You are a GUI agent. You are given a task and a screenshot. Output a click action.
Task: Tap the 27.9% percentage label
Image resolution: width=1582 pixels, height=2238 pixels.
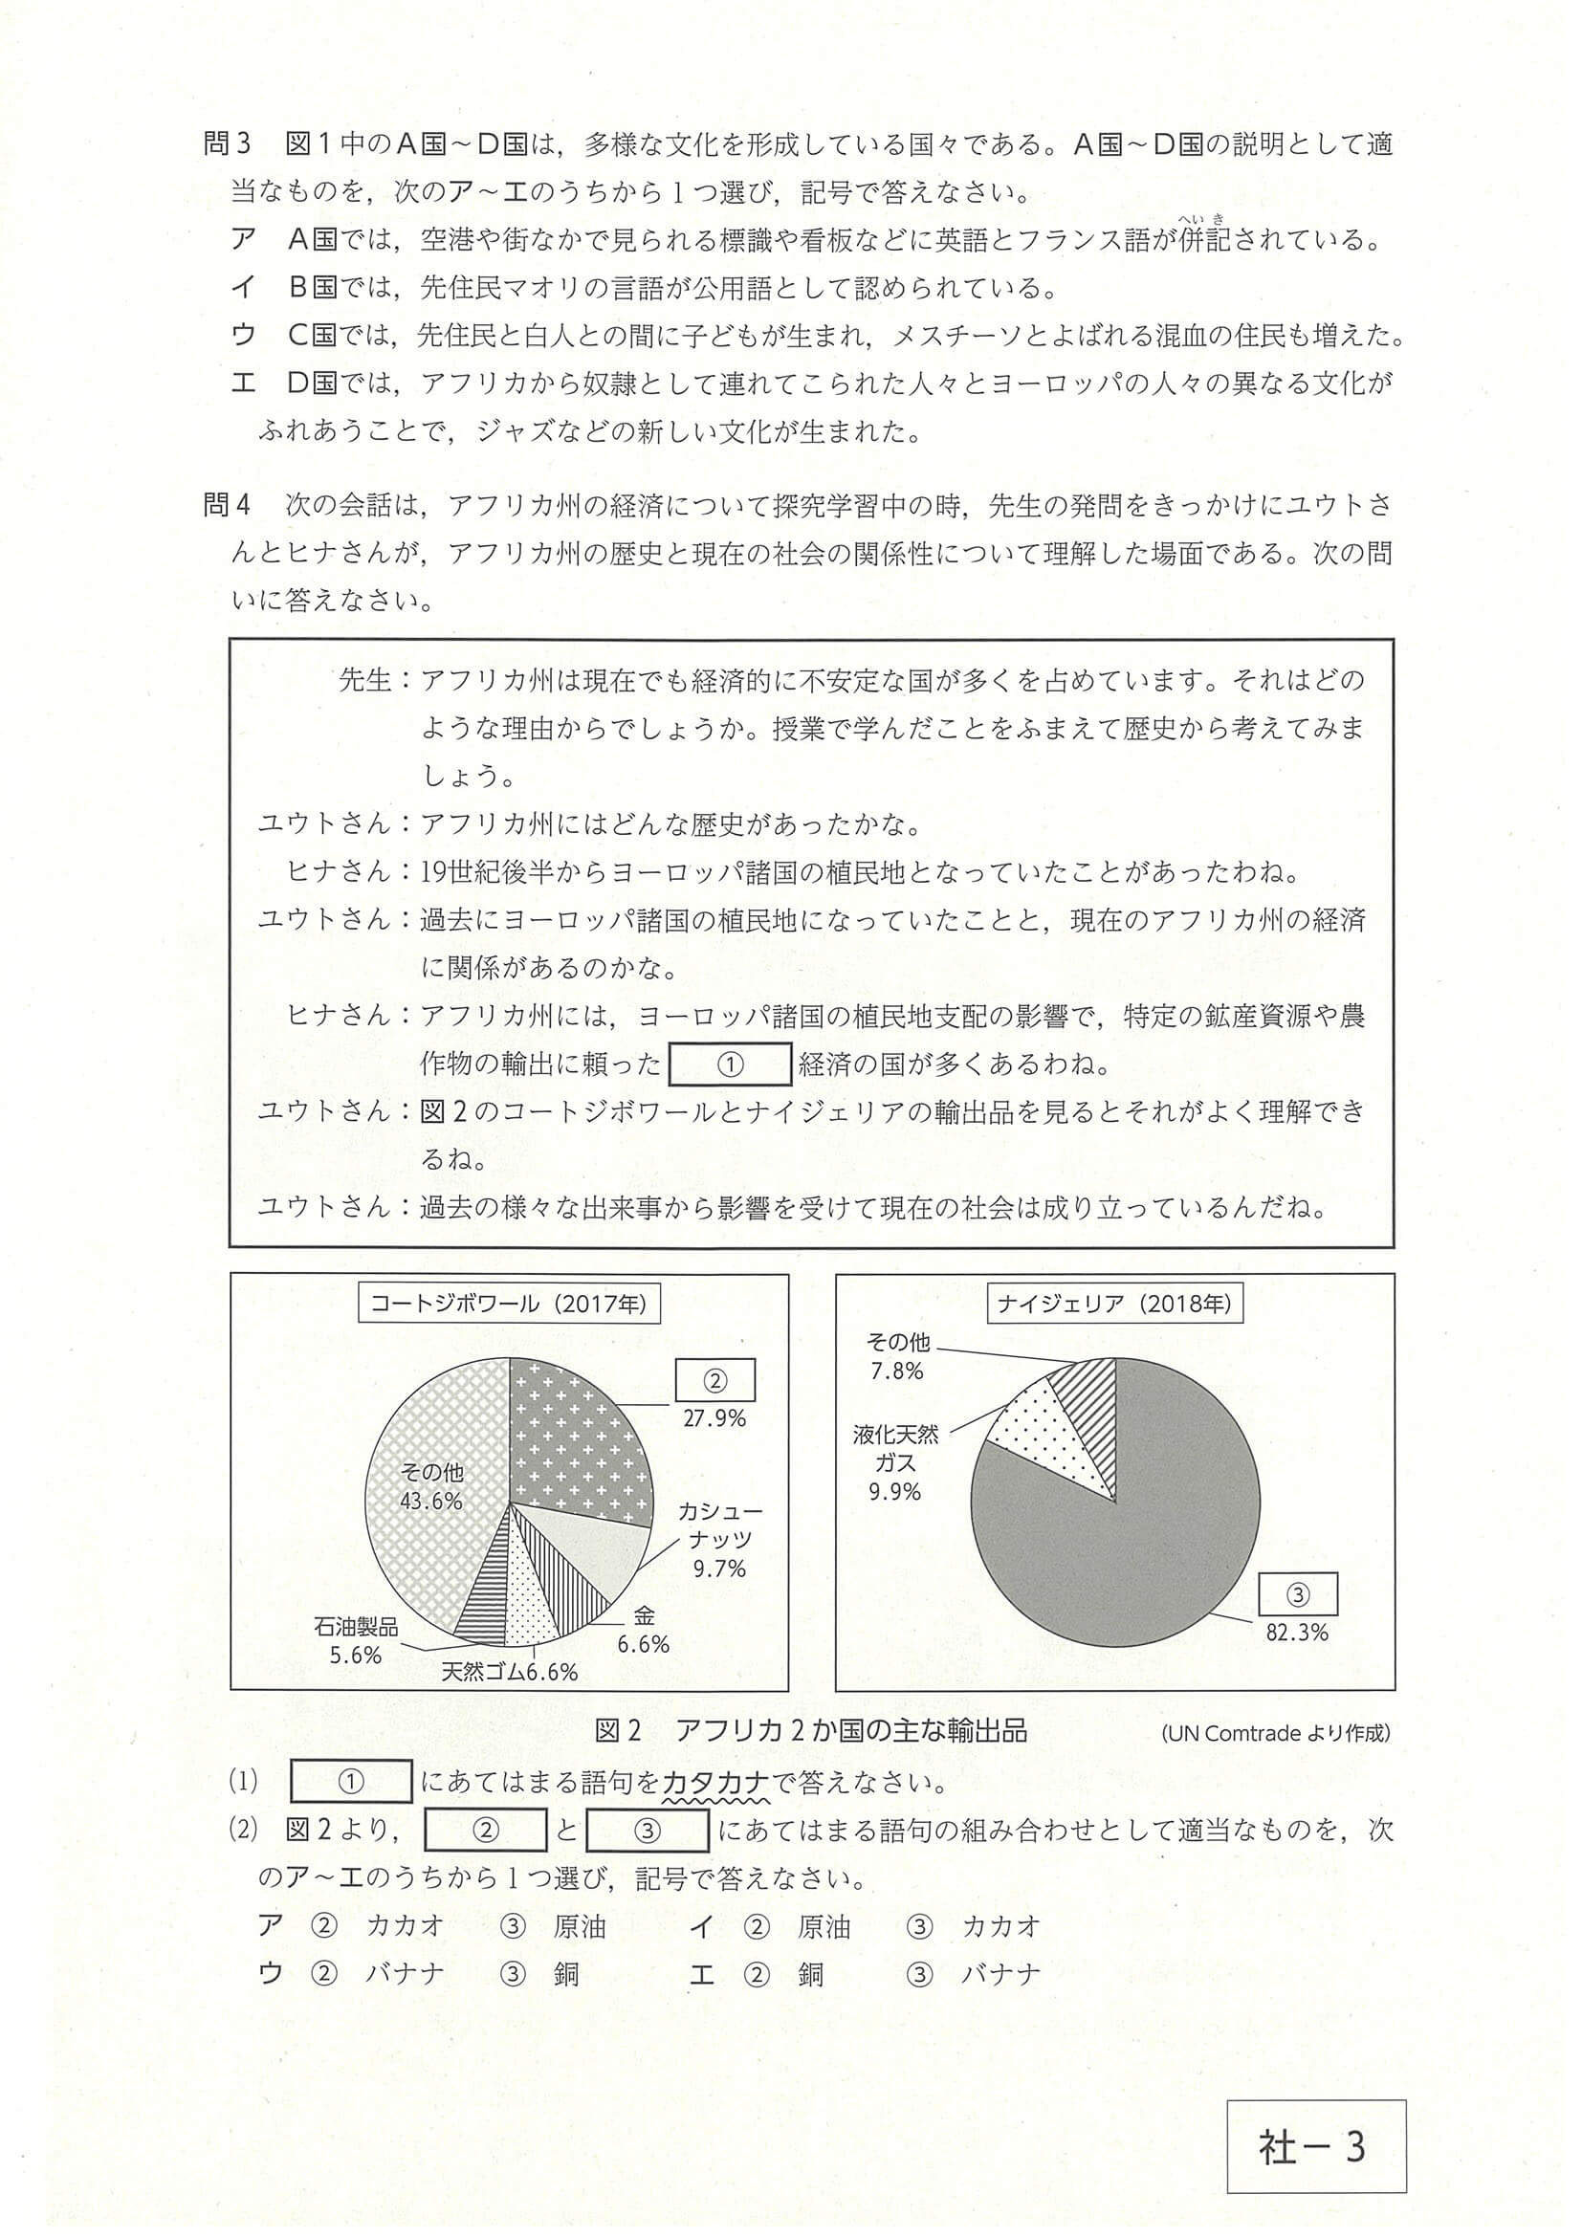pyautogui.click(x=714, y=1418)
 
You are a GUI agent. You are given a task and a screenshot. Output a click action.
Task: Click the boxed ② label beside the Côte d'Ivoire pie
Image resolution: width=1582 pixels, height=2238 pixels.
pyautogui.click(x=715, y=1381)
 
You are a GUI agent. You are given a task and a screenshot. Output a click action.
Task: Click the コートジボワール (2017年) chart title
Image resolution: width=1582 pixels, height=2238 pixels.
pyautogui.click(x=509, y=1305)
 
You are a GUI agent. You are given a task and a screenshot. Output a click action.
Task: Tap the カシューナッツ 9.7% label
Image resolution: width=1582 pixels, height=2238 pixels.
pyautogui.click(x=719, y=1540)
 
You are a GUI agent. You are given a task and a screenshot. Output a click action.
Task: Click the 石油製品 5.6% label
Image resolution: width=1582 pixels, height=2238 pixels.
pyautogui.click(x=356, y=1640)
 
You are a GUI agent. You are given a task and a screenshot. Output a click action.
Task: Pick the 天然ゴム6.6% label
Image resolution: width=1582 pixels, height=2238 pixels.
pyautogui.click(x=509, y=1673)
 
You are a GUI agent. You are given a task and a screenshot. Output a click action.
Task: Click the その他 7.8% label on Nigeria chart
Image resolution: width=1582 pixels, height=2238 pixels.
pyautogui.click(x=897, y=1356)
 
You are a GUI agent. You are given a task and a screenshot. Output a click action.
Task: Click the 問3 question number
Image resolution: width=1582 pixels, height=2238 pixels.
pyautogui.click(x=227, y=144)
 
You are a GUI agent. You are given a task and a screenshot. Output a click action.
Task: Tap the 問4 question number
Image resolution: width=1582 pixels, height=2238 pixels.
pyautogui.click(x=227, y=505)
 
